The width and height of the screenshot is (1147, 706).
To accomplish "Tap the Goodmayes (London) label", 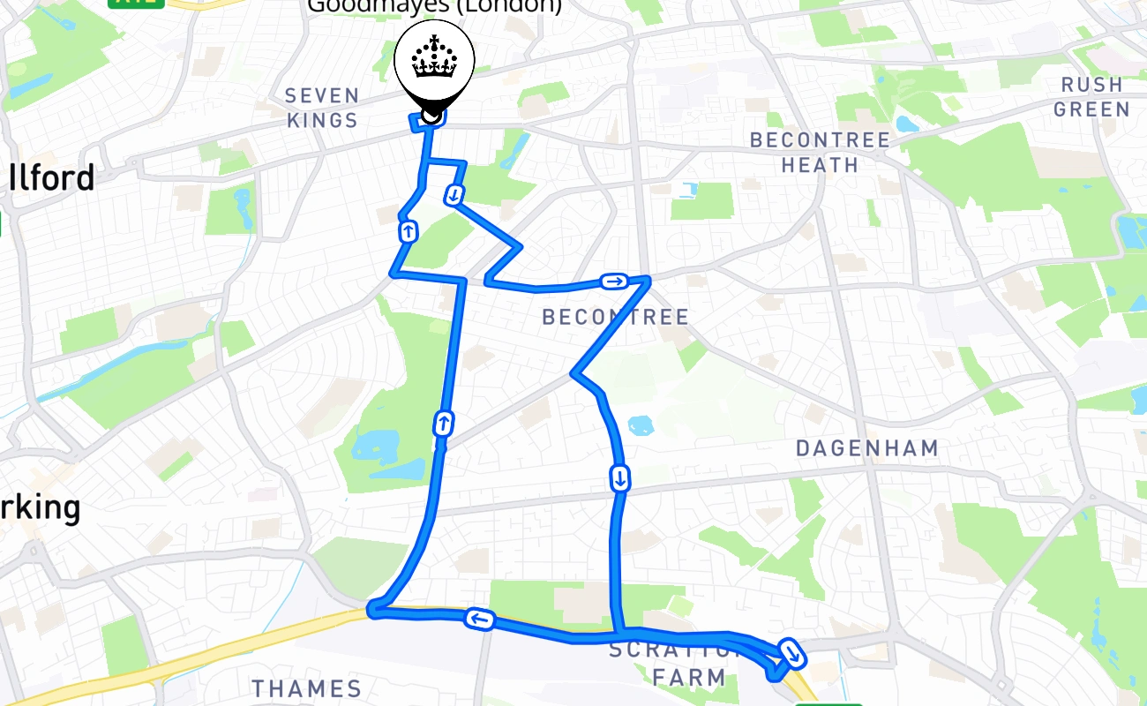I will (x=434, y=6).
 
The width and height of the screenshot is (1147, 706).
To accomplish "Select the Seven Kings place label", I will (x=322, y=108).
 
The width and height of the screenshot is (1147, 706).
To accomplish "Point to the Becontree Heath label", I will (x=820, y=153).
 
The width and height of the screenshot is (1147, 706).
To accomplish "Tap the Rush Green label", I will (x=1091, y=97).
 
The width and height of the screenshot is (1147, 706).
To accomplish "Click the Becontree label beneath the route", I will (x=615, y=317).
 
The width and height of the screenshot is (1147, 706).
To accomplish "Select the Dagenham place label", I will (x=867, y=448).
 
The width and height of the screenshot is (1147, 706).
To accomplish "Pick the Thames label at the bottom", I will (x=307, y=688).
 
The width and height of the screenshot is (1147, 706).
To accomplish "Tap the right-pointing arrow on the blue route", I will (x=614, y=282).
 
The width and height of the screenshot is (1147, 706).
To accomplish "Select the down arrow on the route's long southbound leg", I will (x=620, y=479).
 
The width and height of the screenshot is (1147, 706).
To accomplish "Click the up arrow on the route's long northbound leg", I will (x=443, y=424).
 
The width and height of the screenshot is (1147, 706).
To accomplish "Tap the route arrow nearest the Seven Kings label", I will (x=409, y=232).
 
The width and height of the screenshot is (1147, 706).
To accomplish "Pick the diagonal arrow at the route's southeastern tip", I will (x=792, y=654).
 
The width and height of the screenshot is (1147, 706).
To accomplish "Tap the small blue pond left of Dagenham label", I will (x=640, y=425).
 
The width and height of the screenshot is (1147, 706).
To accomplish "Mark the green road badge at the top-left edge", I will (x=137, y=3).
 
